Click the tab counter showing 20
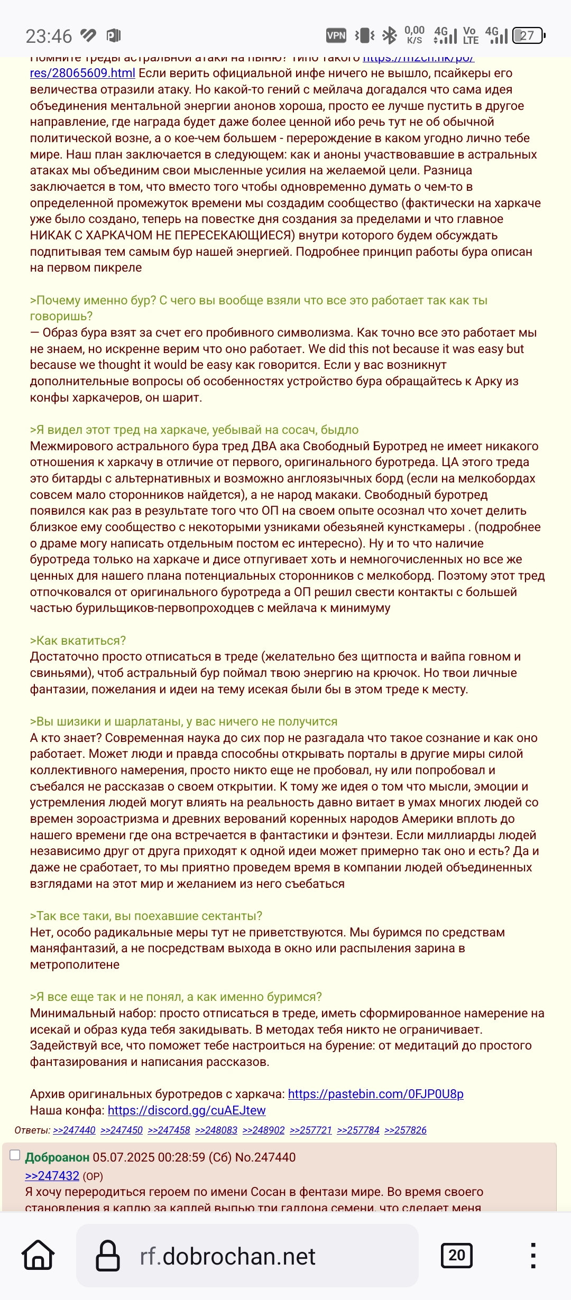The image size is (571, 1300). point(456,1255)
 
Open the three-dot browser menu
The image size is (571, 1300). point(533,1255)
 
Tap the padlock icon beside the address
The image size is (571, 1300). point(108,1255)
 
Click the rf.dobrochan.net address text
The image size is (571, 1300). point(227,1256)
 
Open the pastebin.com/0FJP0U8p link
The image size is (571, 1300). point(375,1094)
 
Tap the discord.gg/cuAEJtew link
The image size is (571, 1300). point(187,1110)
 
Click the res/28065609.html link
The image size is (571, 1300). point(82,73)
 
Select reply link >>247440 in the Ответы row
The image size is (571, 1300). point(74,1130)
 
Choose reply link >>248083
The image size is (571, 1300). point(216,1130)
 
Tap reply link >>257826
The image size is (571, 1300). point(406,1130)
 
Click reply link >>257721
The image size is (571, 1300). point(311,1130)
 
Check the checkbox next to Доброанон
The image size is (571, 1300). point(15,1155)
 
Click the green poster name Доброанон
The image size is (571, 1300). point(57,1157)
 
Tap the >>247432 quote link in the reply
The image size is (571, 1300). point(52,1176)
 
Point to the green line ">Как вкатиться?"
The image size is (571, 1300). point(78,640)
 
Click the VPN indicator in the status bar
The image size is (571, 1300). point(336,35)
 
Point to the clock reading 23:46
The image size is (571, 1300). point(49,36)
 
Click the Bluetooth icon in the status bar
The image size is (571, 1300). point(390,35)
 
